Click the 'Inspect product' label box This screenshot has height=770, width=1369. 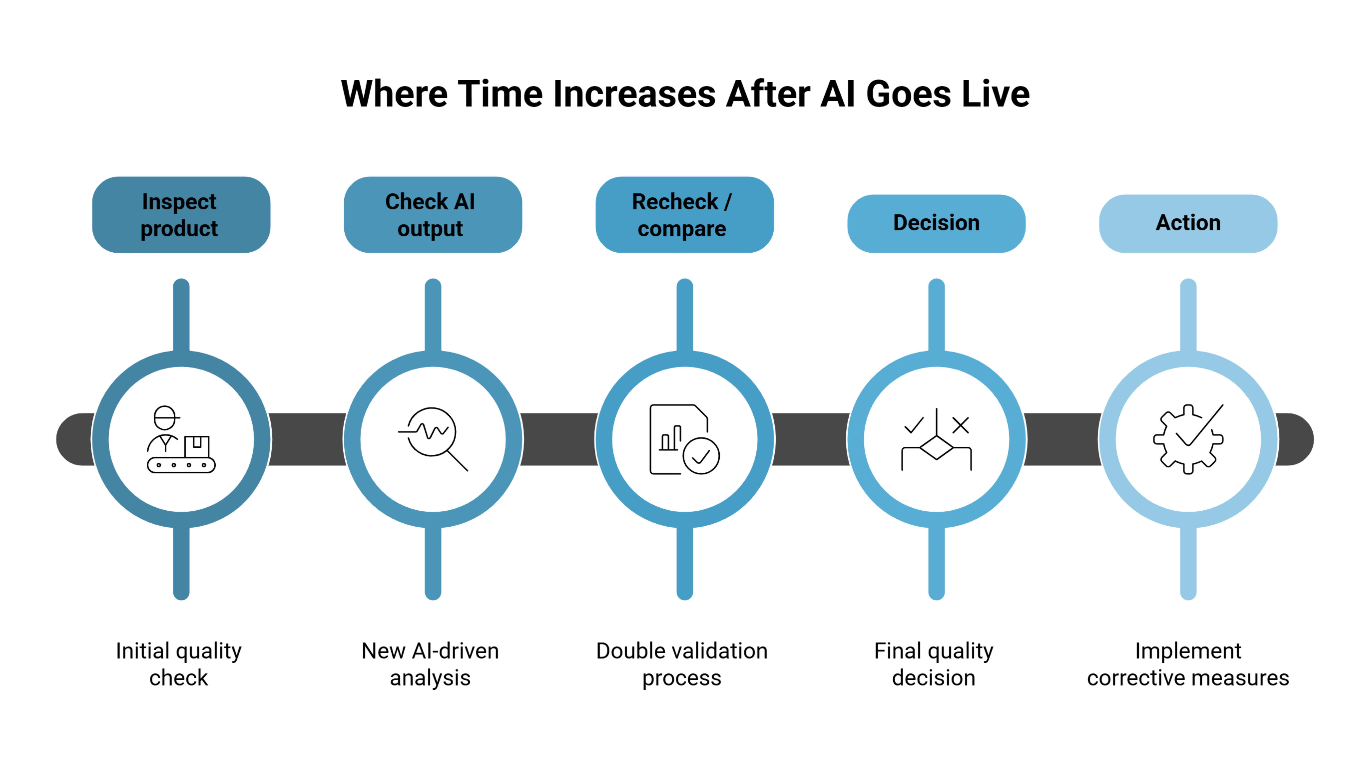(x=181, y=215)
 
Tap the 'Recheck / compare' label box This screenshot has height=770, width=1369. (x=684, y=215)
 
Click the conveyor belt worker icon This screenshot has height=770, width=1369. (x=181, y=439)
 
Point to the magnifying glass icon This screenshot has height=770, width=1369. (x=433, y=439)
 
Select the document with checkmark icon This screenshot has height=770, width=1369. (x=684, y=439)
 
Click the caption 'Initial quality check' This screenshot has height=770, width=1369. (x=179, y=664)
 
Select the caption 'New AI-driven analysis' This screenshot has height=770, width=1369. (x=431, y=664)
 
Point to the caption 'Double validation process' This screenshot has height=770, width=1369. (x=682, y=664)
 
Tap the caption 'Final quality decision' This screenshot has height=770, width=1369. (x=934, y=664)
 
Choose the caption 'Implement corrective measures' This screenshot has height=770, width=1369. (x=1188, y=664)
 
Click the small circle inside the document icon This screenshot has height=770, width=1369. (x=702, y=456)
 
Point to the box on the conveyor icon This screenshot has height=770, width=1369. (x=197, y=446)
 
